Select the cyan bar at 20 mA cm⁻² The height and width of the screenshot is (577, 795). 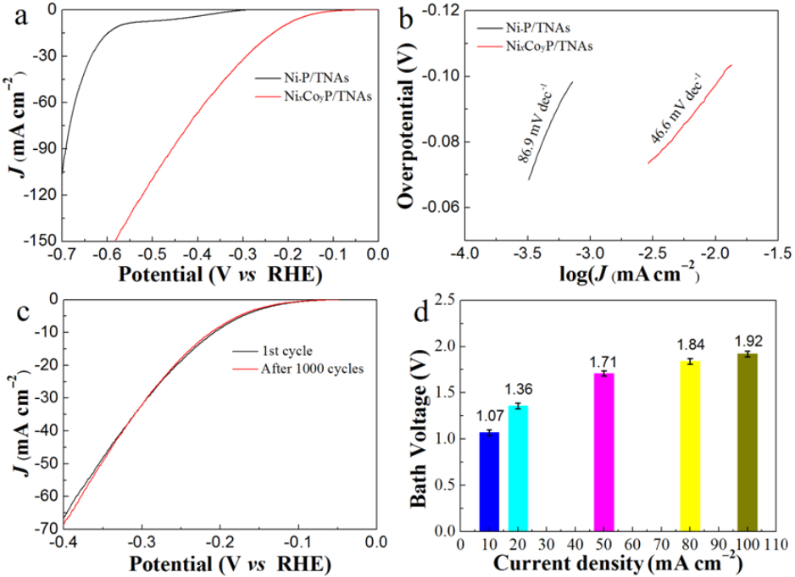point(518,469)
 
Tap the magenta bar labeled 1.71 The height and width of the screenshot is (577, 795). point(603,452)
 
